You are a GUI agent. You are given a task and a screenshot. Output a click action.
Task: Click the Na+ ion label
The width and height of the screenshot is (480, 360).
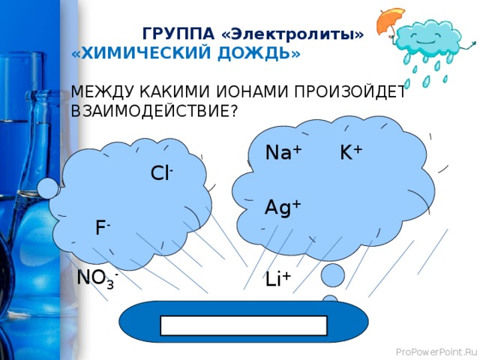(x=283, y=153)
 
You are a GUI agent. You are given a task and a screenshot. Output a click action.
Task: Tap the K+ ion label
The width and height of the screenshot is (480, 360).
(x=350, y=153)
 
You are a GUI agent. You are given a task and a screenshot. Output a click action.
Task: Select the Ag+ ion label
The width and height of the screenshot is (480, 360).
(x=283, y=208)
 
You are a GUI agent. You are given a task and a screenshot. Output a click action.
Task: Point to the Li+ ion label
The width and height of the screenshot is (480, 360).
(x=277, y=279)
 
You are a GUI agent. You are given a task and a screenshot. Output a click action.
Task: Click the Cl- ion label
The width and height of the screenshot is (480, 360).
(x=162, y=173)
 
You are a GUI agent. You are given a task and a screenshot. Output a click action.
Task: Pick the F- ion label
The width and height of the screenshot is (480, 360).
(x=103, y=227)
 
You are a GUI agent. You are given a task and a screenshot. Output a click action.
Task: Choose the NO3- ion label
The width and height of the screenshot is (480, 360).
(x=97, y=279)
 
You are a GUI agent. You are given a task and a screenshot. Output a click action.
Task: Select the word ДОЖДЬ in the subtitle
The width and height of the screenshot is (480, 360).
(x=266, y=54)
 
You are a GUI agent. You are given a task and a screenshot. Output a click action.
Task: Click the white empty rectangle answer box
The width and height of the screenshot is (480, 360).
(x=244, y=325)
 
